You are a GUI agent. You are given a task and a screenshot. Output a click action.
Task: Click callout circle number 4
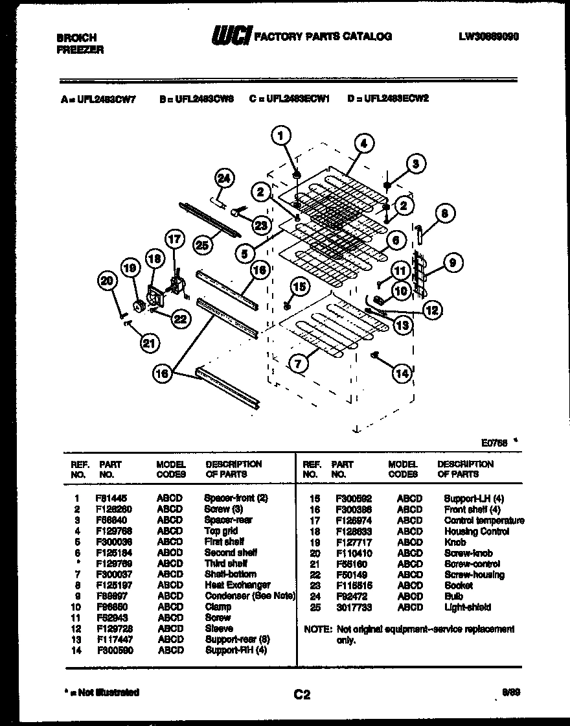363,144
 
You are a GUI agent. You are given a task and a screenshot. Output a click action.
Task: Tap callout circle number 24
224,179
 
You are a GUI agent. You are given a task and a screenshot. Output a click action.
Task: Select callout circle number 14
402,373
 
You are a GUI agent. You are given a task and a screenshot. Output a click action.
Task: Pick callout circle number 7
298,364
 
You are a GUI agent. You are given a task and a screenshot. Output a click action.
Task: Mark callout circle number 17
174,239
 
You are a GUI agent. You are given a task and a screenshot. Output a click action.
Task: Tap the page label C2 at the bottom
302,695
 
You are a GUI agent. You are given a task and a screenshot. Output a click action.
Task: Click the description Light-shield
467,607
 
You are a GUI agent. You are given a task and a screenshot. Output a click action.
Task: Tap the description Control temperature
484,521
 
